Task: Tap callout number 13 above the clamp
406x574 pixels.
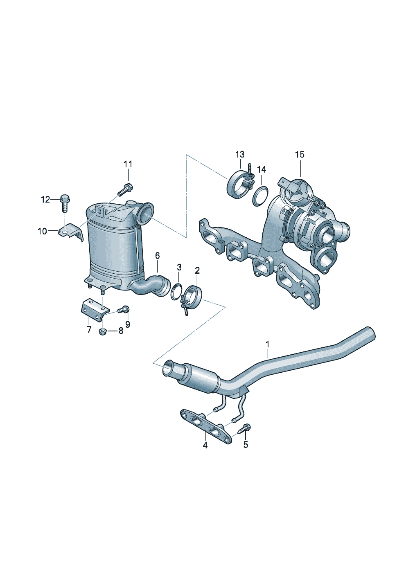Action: point(240,155)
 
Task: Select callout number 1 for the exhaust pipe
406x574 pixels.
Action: point(267,344)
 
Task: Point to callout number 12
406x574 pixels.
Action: point(45,199)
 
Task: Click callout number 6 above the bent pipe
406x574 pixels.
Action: point(157,255)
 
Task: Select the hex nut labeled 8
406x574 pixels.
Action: point(103,332)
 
